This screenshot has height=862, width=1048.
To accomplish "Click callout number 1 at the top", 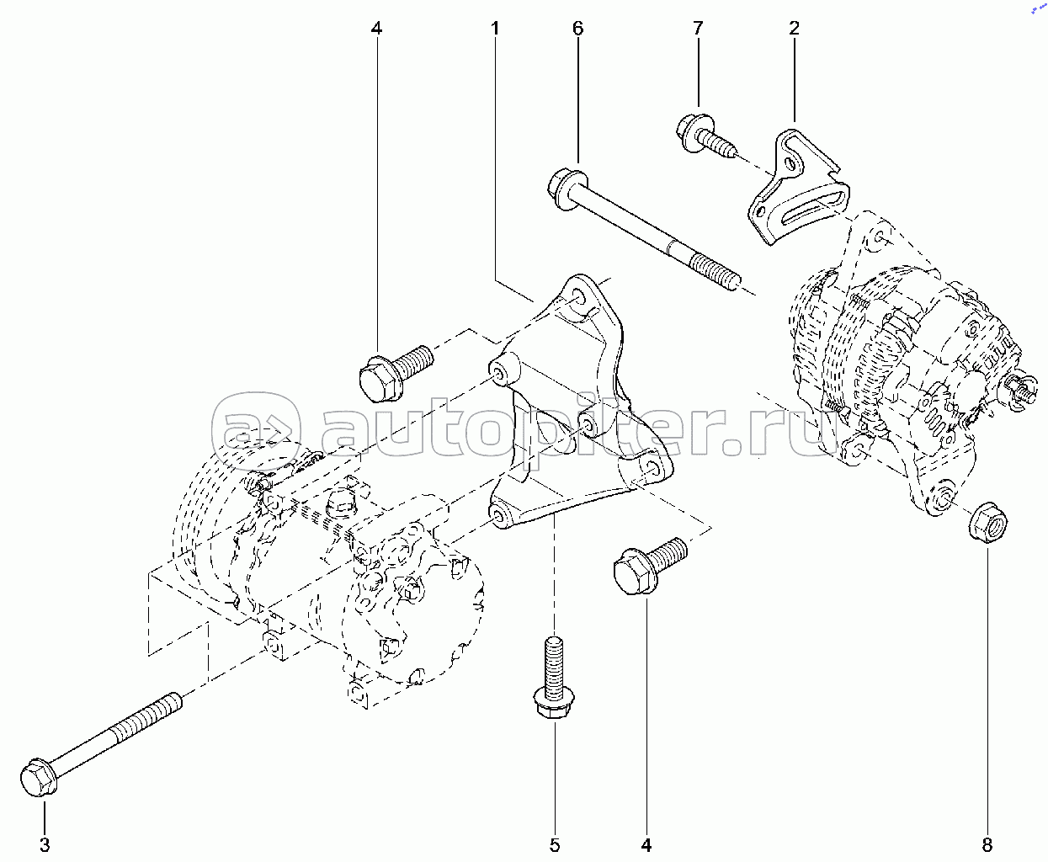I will coord(495,29).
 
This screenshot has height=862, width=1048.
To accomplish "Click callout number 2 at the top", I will coord(794,29).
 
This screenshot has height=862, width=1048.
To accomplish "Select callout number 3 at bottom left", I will coord(45,844).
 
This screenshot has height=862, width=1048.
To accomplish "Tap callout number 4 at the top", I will coord(376,29).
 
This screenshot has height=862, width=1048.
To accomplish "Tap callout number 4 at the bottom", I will coord(646,844).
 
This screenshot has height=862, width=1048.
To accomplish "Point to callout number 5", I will coord(555,844).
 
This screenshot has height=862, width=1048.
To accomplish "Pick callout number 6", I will coord(577,29).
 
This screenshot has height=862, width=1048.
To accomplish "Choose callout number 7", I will coord(697,29).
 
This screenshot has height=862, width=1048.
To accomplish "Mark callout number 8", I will coord(988,844).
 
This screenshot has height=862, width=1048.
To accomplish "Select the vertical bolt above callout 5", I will coord(553,682).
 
